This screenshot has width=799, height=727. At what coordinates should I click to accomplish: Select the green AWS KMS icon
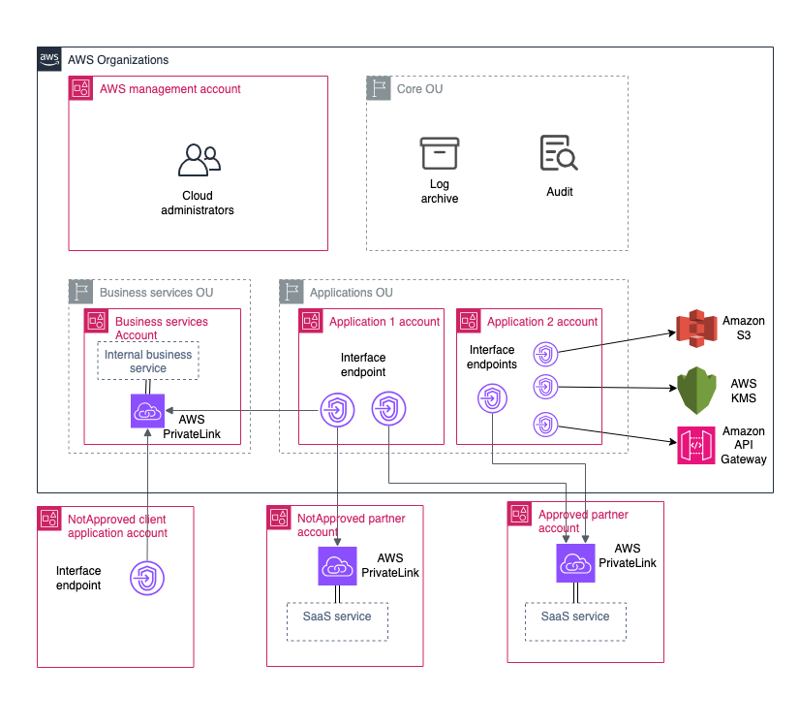pos(695,389)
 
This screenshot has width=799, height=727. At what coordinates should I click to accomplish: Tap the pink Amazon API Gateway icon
pos(695,446)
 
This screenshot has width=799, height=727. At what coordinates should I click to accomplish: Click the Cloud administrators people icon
pos(198,160)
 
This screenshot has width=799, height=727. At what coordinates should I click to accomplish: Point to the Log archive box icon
pos(439,154)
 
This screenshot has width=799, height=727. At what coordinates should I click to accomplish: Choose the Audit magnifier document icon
pos(559,154)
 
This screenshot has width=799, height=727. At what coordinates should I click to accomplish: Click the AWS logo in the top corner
pos(49,59)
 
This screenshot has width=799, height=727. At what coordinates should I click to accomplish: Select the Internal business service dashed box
pos(148,362)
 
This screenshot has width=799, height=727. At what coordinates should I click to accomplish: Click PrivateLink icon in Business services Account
pos(148,411)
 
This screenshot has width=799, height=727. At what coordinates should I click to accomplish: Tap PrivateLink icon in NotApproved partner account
pos(337,565)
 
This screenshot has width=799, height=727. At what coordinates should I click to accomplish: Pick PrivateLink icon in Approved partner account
pos(575,562)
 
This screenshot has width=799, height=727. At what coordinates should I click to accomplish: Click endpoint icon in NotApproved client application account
pos(147,579)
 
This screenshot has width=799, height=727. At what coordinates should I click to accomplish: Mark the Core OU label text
pos(419,89)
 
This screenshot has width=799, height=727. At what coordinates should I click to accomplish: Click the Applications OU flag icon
pos(291,292)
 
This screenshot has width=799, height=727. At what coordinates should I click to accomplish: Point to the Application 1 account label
pos(384,322)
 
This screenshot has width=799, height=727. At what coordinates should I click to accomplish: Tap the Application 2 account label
pos(542,322)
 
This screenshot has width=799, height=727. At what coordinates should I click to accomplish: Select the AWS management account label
pos(169,89)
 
